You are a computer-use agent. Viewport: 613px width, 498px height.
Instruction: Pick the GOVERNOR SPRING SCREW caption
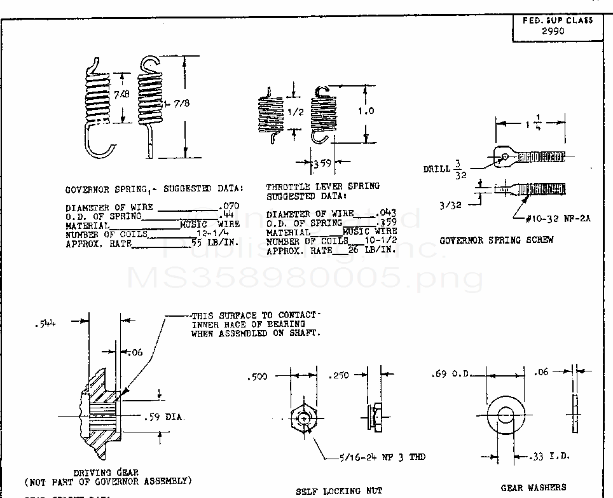[x=496, y=240]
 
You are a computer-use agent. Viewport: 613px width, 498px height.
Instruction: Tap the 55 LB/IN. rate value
[x=215, y=243]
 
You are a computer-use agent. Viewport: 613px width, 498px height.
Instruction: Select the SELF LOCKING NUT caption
[x=339, y=491]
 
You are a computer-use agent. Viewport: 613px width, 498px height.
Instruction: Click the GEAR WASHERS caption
[x=533, y=487]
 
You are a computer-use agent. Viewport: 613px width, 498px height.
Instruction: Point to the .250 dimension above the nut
[x=341, y=376]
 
